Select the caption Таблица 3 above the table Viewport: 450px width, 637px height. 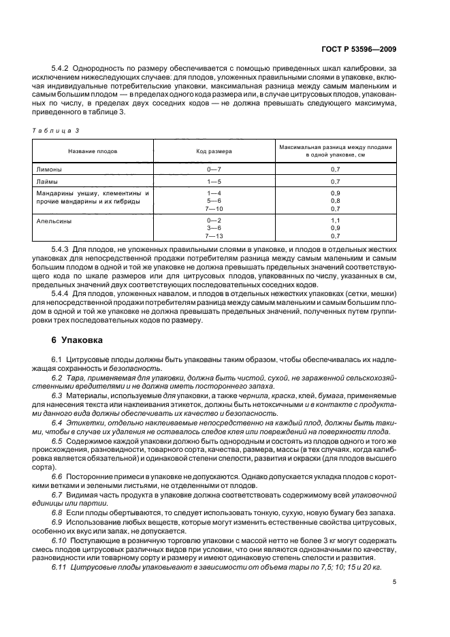(58, 130)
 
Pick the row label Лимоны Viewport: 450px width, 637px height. (48, 168)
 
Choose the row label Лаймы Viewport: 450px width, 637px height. (46, 182)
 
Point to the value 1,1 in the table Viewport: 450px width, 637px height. (335, 221)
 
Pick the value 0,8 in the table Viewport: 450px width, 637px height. (335, 201)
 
